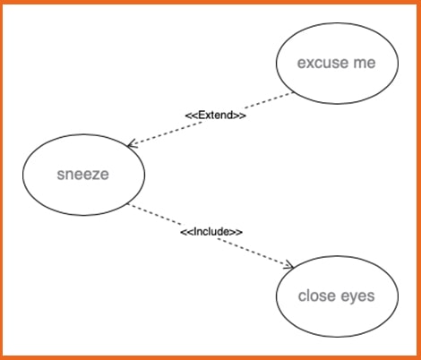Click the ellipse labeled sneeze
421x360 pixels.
83,175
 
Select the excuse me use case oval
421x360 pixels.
337,64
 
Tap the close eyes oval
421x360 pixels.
337,296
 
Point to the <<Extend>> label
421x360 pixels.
216,115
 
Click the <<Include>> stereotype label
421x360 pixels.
211,232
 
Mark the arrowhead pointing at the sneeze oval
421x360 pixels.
132,144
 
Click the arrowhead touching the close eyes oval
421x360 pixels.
289,265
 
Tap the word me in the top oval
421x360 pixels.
365,63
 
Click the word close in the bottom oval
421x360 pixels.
317,296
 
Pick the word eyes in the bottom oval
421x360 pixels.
357,297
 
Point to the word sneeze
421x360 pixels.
83,175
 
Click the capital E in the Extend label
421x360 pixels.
202,115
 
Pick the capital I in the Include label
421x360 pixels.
195,232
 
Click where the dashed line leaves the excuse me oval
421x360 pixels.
293,93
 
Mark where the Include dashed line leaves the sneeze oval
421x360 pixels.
128,204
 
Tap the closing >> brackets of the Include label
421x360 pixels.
236,232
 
